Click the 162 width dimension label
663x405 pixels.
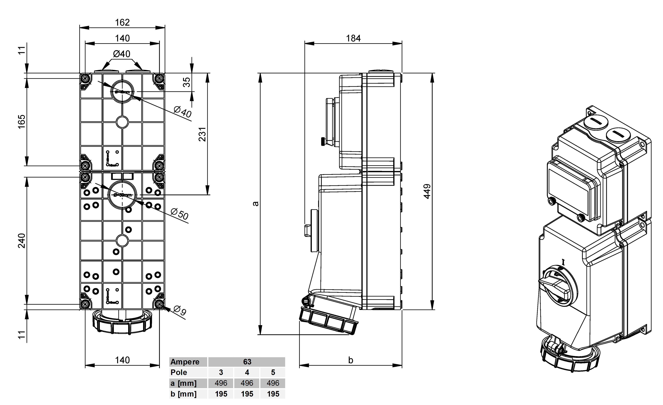tap(122, 22)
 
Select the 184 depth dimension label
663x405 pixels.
tap(353, 38)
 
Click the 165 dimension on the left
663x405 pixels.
tap(22, 122)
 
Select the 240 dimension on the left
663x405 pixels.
tap(22, 241)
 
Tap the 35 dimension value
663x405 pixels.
tap(186, 82)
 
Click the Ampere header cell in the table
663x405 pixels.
tap(185, 362)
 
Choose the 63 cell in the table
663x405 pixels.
tap(247, 362)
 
